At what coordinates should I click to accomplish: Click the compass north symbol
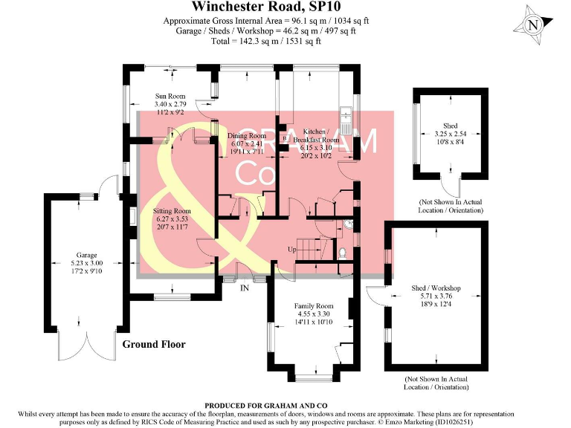[x=532, y=25]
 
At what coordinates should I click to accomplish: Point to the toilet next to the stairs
[x=342, y=253]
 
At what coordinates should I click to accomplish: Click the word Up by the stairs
[x=293, y=250]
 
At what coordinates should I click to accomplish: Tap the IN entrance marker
[x=244, y=288]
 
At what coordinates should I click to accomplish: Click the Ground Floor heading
[x=154, y=345]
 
